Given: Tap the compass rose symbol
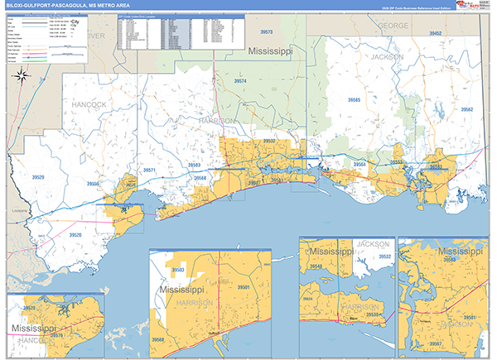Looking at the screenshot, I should [22, 79].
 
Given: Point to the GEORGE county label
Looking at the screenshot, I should [393, 26].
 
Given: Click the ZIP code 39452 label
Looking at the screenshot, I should [436, 34].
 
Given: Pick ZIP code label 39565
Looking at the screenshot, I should [354, 99].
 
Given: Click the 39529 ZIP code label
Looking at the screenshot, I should [36, 176].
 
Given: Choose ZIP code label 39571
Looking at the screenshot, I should [149, 170].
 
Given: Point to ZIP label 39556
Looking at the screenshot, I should [94, 184].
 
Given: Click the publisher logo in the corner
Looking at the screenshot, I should [477, 6].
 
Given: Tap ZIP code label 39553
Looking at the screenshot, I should [397, 162].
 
